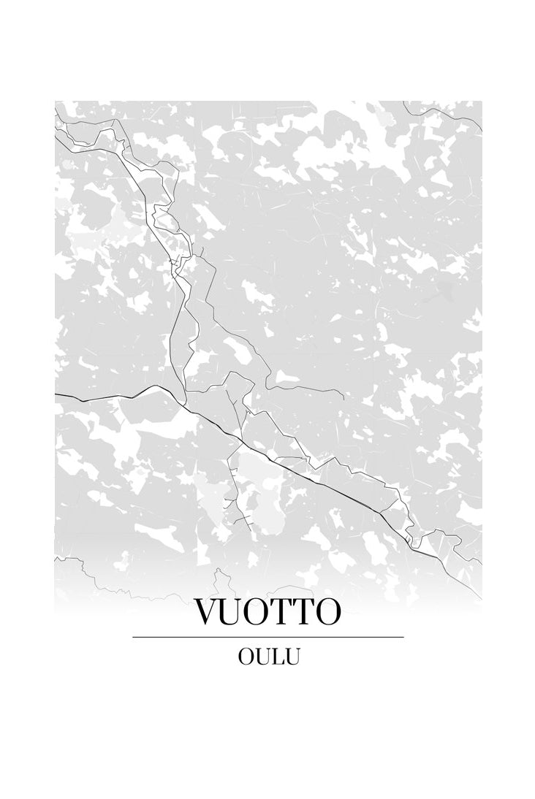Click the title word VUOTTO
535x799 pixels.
coord(267,613)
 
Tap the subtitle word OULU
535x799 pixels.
coord(268,657)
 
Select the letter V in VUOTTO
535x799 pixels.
coord(206,613)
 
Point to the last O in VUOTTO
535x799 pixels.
coord(328,613)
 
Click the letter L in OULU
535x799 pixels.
coord(277,657)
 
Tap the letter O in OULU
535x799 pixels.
coord(246,657)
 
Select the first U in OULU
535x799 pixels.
coord(262,657)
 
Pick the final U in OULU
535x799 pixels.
coord(292,657)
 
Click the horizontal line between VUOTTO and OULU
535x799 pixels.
coord(267,637)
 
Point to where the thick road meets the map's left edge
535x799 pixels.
coord(56,394)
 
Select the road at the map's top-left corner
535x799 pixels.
coord(58,121)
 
